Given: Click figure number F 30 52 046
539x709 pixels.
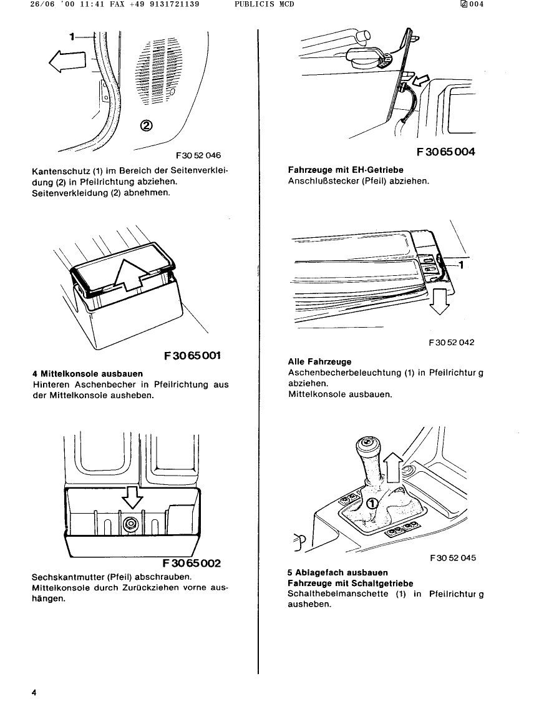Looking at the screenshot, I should coord(198,155).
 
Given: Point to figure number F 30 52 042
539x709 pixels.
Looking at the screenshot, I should coord(452,343).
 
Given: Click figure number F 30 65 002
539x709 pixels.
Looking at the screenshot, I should coord(192,563).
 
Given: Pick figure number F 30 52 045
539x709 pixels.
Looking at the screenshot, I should coord(453,558).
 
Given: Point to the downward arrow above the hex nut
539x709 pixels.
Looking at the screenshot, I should coord(132,497).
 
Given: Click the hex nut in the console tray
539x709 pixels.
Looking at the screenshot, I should coord(132,524).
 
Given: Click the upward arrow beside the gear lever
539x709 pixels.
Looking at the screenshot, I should coord(392,467).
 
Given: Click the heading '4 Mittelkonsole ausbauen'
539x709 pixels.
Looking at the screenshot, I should coord(87,374).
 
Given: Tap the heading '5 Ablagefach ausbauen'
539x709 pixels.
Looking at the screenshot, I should coord(337,572).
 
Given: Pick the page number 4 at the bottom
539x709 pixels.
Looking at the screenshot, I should coord(35,693).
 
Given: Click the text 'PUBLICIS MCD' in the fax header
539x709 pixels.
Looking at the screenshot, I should coord(264,4).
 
